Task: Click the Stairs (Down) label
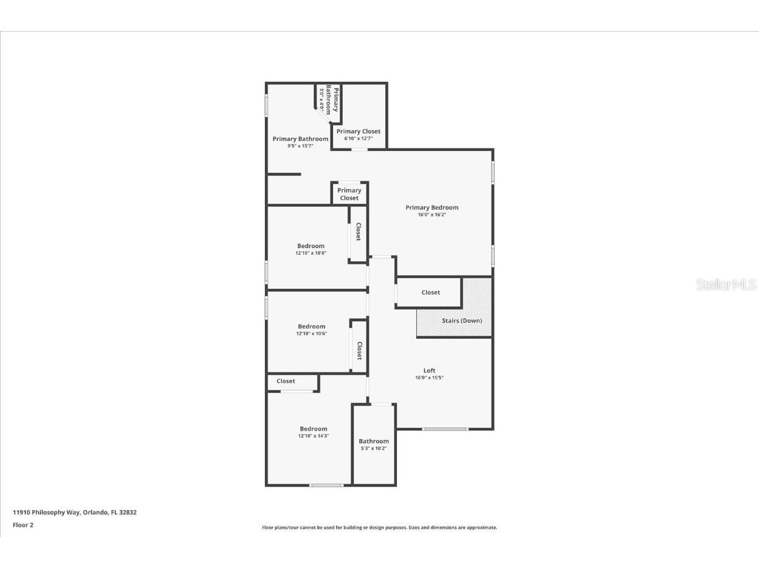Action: coord(462,320)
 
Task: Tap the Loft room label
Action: coord(429,371)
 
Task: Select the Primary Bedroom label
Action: coord(431,208)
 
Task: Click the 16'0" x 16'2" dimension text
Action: coord(431,215)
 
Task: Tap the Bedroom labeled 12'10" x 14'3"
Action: coord(313,432)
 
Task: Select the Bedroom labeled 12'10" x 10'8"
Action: coord(311,249)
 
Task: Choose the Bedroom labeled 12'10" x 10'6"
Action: coord(311,329)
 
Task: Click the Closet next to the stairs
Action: coord(431,292)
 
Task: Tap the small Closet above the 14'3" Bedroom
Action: coord(286,381)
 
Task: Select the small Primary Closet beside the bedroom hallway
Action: coord(349,194)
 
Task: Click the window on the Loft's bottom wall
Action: coord(445,429)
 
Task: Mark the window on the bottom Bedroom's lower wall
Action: coord(326,486)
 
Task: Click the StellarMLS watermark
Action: coord(726,285)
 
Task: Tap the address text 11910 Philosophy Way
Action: coord(75,512)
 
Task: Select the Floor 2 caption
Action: coord(23,525)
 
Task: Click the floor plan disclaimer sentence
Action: coord(379,527)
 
